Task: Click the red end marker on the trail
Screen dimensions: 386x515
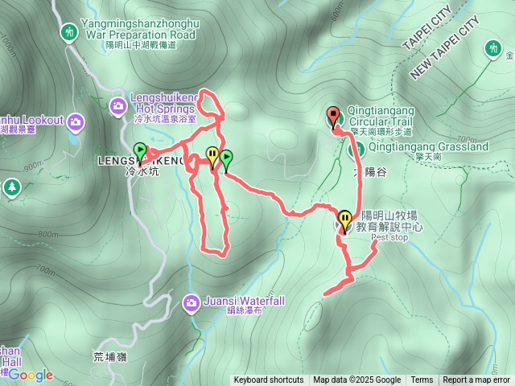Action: pos(332,116)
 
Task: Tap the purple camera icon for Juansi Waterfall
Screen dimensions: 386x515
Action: pos(192,302)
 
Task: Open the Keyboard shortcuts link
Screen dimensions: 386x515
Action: pos(269,380)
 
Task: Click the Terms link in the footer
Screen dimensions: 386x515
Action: pos(422,380)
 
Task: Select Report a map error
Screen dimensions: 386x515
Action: pos(476,380)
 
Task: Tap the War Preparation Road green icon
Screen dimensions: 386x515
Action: pos(69,31)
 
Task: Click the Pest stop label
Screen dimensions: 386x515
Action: pos(389,238)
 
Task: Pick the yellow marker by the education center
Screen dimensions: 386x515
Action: pos(345,219)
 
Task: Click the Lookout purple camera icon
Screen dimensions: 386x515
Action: pos(76,121)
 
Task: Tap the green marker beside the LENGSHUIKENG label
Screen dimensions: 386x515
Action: pos(140,151)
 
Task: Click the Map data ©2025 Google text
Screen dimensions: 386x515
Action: pos(357,380)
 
